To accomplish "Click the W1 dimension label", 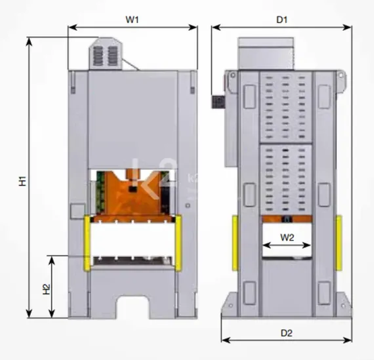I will tap(133, 20).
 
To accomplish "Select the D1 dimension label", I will tap(281, 20).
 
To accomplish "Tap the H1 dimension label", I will tap(21, 178).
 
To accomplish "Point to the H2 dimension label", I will tap(46, 288).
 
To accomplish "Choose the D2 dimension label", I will tap(286, 332).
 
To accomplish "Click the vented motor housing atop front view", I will tap(105, 55).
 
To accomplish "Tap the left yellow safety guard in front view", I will tap(87, 243).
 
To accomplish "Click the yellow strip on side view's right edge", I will tap(339, 242).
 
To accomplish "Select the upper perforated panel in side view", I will tap(286, 105).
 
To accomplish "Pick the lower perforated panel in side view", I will tap(286, 177).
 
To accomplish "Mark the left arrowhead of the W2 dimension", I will tap(264, 246).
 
